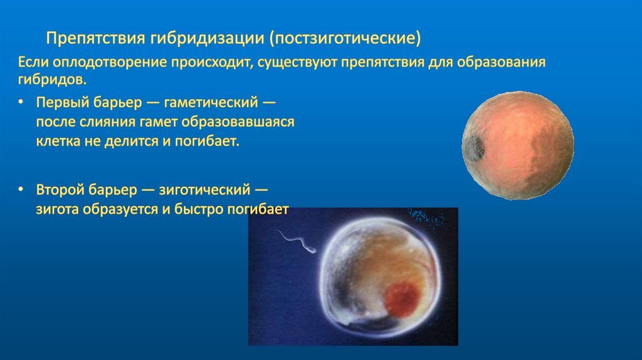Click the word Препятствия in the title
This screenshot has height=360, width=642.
point(95,38)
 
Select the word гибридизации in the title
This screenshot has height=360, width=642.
point(207,38)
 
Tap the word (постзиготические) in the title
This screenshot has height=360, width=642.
point(345,38)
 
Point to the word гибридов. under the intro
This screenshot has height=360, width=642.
point(53,80)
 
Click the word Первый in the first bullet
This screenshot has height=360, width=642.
point(62,102)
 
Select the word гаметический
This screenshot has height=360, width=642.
point(211,102)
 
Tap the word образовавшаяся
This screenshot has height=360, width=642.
point(238,122)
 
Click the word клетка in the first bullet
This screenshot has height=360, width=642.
point(58,141)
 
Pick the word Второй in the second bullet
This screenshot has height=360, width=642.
point(60,189)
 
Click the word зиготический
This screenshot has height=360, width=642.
point(204,189)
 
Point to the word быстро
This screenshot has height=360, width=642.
point(199,209)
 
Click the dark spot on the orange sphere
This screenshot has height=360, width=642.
point(474,147)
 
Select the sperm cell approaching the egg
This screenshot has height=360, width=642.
point(297,242)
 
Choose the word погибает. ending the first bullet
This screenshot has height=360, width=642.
point(207,141)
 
